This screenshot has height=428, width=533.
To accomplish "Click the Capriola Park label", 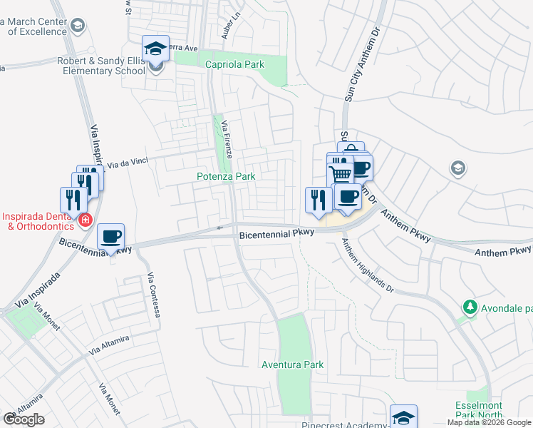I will (x=234, y=65).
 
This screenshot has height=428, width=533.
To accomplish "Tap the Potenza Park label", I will (x=226, y=175).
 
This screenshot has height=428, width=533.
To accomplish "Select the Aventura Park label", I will (x=293, y=365).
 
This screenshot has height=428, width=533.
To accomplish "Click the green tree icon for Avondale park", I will (x=469, y=307).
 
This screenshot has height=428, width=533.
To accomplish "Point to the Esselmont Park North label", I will (x=480, y=410).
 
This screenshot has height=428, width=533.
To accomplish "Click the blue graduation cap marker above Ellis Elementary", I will (x=156, y=49).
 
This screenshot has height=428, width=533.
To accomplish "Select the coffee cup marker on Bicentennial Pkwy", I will (x=110, y=237).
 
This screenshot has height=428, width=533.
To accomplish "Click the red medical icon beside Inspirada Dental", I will (x=86, y=220).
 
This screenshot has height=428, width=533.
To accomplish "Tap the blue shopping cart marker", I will (x=341, y=173).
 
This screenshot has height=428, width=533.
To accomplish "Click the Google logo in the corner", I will (x=24, y=419).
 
